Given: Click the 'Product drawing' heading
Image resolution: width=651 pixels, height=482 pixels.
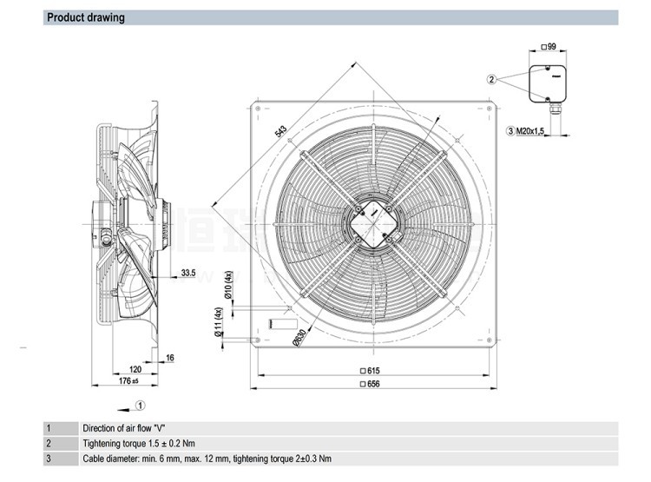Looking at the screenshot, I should (85, 17).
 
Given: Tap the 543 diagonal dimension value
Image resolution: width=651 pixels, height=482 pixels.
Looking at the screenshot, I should (280, 132).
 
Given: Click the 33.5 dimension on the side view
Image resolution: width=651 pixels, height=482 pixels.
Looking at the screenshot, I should (188, 274).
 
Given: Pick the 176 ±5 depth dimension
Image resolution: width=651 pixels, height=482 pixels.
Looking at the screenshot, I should (128, 380).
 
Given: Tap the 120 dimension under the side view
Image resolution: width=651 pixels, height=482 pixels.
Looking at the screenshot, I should (135, 368).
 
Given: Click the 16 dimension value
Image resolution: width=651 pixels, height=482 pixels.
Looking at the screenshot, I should (169, 357).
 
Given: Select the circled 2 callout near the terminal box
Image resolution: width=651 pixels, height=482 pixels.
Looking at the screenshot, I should (491, 80).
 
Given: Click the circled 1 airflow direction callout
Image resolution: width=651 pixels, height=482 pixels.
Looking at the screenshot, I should (141, 403).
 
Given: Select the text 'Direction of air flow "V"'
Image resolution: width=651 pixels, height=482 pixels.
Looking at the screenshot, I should (126, 428).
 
